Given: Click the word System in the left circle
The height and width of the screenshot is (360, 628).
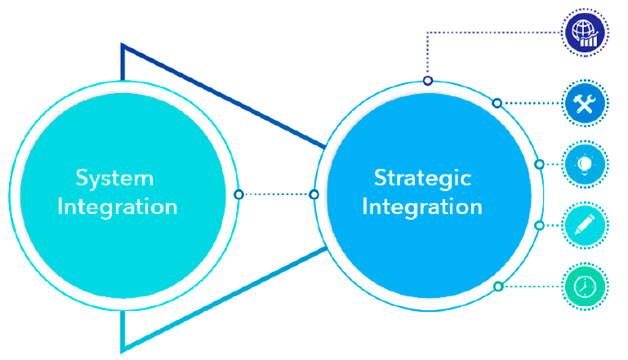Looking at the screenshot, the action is [x=114, y=178].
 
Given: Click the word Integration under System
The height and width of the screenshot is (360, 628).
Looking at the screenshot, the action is [x=118, y=207].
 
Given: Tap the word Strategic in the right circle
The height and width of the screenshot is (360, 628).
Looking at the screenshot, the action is [x=422, y=178].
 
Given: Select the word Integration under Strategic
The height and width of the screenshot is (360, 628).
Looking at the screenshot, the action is [x=422, y=207].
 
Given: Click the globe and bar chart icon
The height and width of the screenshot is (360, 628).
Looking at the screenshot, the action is [x=585, y=33].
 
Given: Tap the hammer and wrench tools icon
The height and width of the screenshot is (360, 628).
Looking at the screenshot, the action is [x=585, y=104].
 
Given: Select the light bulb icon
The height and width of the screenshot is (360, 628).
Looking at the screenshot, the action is [x=585, y=164].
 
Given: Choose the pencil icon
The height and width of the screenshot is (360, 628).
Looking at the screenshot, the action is [x=585, y=225].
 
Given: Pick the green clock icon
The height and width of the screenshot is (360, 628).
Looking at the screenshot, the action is [x=585, y=287].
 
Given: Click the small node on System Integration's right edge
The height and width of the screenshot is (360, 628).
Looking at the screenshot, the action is [x=238, y=194].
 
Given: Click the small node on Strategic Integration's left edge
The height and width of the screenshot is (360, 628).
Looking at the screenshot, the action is [x=314, y=194].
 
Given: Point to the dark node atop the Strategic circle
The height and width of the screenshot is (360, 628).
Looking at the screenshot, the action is [x=428, y=81].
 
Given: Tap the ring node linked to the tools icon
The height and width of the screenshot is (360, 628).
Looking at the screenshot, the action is [x=497, y=104].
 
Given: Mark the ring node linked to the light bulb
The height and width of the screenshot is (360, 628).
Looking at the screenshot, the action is [x=540, y=164].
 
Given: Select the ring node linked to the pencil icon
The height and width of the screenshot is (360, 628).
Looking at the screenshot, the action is [x=540, y=226].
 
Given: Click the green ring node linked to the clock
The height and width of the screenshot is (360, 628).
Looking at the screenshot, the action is [x=498, y=287].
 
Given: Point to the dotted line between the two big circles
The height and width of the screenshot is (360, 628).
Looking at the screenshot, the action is [x=276, y=194].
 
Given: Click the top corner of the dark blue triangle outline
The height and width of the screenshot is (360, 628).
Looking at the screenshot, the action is [x=122, y=44].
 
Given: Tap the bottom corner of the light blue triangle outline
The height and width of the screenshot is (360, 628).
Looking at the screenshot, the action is [x=122, y=352].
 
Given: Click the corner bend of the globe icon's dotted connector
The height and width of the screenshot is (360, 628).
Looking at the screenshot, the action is [x=428, y=33].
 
